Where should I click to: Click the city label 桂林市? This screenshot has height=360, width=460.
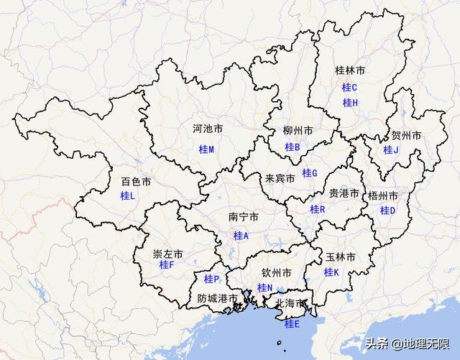coord(350,71)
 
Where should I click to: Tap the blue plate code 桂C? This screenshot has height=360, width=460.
coord(349,88)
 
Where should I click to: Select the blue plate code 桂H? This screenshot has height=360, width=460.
coord(350,103)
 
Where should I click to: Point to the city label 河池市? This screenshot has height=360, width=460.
coord(207,129)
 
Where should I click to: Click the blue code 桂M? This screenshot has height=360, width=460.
coord(207,149)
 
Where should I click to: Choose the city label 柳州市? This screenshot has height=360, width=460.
coord(298,131)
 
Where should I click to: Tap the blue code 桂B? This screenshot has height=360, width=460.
coord(292,147)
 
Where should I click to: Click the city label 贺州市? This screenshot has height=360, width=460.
coord(406,136)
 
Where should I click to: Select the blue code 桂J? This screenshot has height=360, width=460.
coord(390,150)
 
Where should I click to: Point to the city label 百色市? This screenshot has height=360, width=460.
coord(136,182)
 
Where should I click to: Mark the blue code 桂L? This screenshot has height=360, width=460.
coord(127,195)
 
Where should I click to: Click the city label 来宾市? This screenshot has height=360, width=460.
coord(280,178)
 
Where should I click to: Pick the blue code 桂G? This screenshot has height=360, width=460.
coord(310,173)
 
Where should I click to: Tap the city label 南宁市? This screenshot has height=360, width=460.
coord(244,217)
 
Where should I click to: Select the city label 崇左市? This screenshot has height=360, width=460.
coord(168,254)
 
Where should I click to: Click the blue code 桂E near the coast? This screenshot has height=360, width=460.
coord(292,324)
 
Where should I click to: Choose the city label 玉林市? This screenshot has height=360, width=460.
coord(341,257)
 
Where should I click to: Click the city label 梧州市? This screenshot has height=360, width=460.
coord(383,195)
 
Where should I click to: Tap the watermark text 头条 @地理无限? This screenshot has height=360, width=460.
coord(407,343)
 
